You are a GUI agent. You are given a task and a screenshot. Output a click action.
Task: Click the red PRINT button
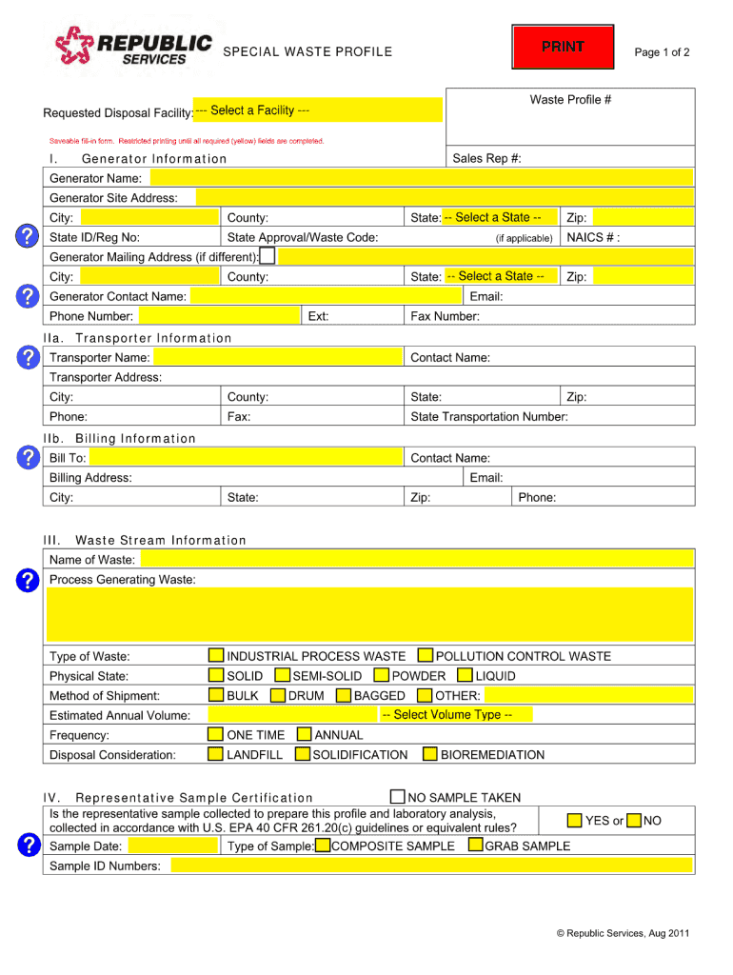(563, 48)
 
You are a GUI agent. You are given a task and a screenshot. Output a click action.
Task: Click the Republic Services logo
(133, 46)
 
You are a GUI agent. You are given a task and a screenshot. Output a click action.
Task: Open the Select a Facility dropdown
(317, 110)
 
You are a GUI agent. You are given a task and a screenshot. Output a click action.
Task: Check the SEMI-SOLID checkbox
(281, 676)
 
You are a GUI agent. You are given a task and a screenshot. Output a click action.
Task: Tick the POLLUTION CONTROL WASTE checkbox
(426, 656)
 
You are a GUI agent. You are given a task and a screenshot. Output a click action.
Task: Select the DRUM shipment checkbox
(278, 696)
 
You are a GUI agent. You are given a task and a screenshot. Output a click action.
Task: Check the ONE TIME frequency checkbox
(216, 735)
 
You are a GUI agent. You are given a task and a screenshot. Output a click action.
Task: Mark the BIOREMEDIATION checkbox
(430, 755)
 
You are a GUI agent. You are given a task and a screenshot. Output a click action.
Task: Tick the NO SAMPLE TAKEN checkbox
(398, 797)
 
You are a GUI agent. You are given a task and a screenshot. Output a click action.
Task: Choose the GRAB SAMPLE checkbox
(475, 846)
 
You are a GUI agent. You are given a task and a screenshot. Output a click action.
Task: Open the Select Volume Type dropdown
(446, 715)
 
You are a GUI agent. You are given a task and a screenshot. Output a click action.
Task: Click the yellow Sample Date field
(172, 846)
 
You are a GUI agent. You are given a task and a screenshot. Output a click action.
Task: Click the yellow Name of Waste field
(416, 560)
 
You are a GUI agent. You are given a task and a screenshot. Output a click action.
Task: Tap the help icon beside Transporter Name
(29, 357)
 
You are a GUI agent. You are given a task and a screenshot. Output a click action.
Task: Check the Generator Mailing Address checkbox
(268, 256)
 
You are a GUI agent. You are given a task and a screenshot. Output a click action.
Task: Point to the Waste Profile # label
(570, 100)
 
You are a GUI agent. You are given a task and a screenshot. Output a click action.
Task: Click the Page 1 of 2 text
(662, 52)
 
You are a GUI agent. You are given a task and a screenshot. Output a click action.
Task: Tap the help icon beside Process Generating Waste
(29, 580)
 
